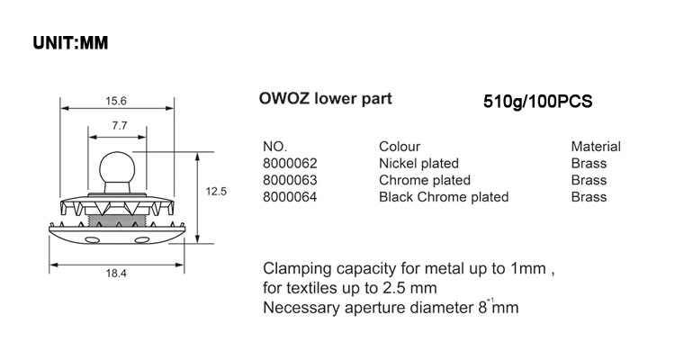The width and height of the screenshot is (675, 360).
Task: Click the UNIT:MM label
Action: [71, 43]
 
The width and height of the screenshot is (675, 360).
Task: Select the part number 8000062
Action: [290, 163]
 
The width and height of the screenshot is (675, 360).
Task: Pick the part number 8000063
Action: [290, 180]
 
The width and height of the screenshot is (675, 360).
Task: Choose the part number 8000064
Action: [290, 196]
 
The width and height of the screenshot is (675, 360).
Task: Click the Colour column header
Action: [400, 147]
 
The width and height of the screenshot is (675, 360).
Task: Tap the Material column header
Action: [596, 147]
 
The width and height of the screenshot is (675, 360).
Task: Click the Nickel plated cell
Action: [419, 163]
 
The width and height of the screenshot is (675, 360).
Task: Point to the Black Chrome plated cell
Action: [444, 196]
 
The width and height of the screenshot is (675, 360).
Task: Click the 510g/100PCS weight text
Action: [537, 102]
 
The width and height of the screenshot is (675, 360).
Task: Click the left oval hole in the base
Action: [91, 238]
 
